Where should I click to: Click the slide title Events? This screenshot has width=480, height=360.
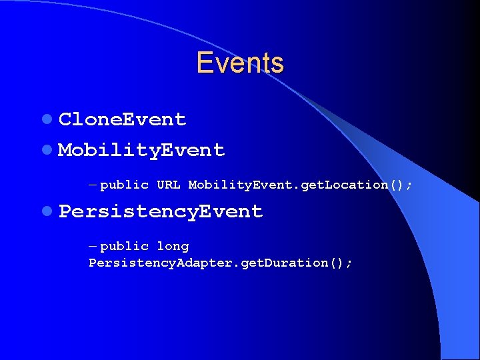240,63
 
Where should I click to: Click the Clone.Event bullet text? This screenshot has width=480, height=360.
123,119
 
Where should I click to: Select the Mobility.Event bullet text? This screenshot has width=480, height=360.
141,150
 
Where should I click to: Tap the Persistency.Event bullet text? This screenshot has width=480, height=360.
161,211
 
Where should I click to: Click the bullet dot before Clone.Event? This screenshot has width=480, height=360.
46,120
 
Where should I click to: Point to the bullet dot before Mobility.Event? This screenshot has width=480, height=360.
46,151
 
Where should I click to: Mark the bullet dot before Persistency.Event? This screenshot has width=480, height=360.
46,212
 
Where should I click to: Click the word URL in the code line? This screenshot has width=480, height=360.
168,185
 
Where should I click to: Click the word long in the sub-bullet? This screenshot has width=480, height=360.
173,247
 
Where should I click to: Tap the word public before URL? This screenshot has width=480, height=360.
124,185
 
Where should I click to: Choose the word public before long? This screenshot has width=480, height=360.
124,247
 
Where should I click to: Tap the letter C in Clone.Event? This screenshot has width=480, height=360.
65,119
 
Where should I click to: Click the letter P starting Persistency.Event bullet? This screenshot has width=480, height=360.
65,211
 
